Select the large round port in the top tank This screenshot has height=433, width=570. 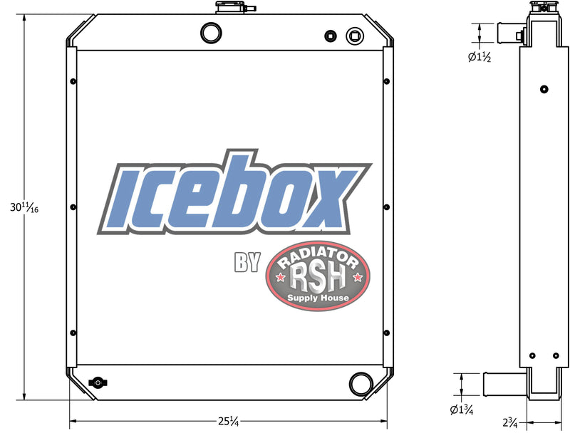point(212,33)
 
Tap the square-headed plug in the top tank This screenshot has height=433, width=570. point(353,36)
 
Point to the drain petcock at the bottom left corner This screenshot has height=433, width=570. point(95,382)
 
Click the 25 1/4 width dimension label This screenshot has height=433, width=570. point(228,422)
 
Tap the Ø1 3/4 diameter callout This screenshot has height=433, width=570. point(463,409)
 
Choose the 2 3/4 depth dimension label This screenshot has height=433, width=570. point(510,422)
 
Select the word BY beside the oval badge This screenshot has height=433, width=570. point(247,262)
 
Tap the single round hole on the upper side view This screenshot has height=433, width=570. point(544,90)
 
